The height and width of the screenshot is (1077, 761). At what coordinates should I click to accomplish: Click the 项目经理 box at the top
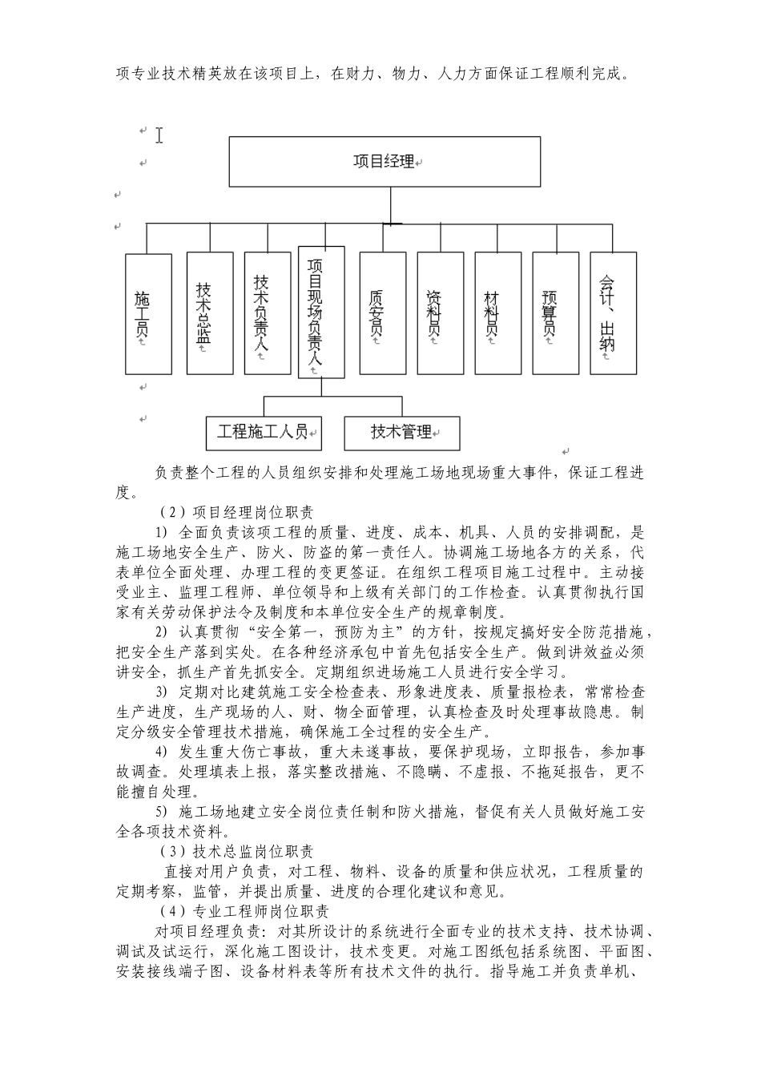point(385,161)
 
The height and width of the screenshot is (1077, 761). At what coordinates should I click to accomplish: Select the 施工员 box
point(148,313)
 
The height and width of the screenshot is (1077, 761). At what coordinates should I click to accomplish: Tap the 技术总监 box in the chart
point(210,313)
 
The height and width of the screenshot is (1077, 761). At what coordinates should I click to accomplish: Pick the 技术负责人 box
point(268,313)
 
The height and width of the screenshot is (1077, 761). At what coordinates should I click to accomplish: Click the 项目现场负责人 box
point(321,312)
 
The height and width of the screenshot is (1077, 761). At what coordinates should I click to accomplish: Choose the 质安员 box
point(382,313)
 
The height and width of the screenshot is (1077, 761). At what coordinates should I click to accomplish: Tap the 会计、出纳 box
point(613,313)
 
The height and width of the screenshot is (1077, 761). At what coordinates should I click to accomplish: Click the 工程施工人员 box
point(264,433)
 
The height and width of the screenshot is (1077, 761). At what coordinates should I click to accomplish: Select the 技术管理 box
point(402,433)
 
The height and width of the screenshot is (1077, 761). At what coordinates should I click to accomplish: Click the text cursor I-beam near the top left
point(159,135)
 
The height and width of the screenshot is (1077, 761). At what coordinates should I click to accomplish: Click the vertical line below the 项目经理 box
point(390,204)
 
